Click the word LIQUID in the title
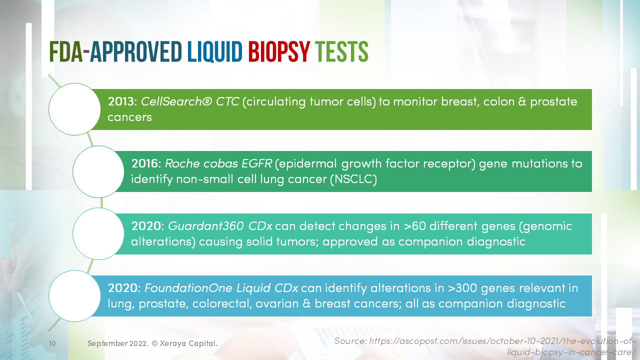[x=215, y=52]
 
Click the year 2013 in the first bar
[x=121, y=102]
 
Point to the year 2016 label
[x=145, y=164]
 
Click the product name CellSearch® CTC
[x=190, y=102]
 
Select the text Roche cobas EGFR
[x=218, y=164]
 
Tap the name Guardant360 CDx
[x=220, y=226]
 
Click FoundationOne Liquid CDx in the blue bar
[x=221, y=288]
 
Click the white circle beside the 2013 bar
[x=74, y=109]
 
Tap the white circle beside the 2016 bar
[x=98, y=171]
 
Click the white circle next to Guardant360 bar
[x=98, y=233]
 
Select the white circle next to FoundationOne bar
[x=74, y=295]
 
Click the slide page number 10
[x=52, y=343]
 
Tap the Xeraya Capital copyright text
[x=152, y=343]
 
